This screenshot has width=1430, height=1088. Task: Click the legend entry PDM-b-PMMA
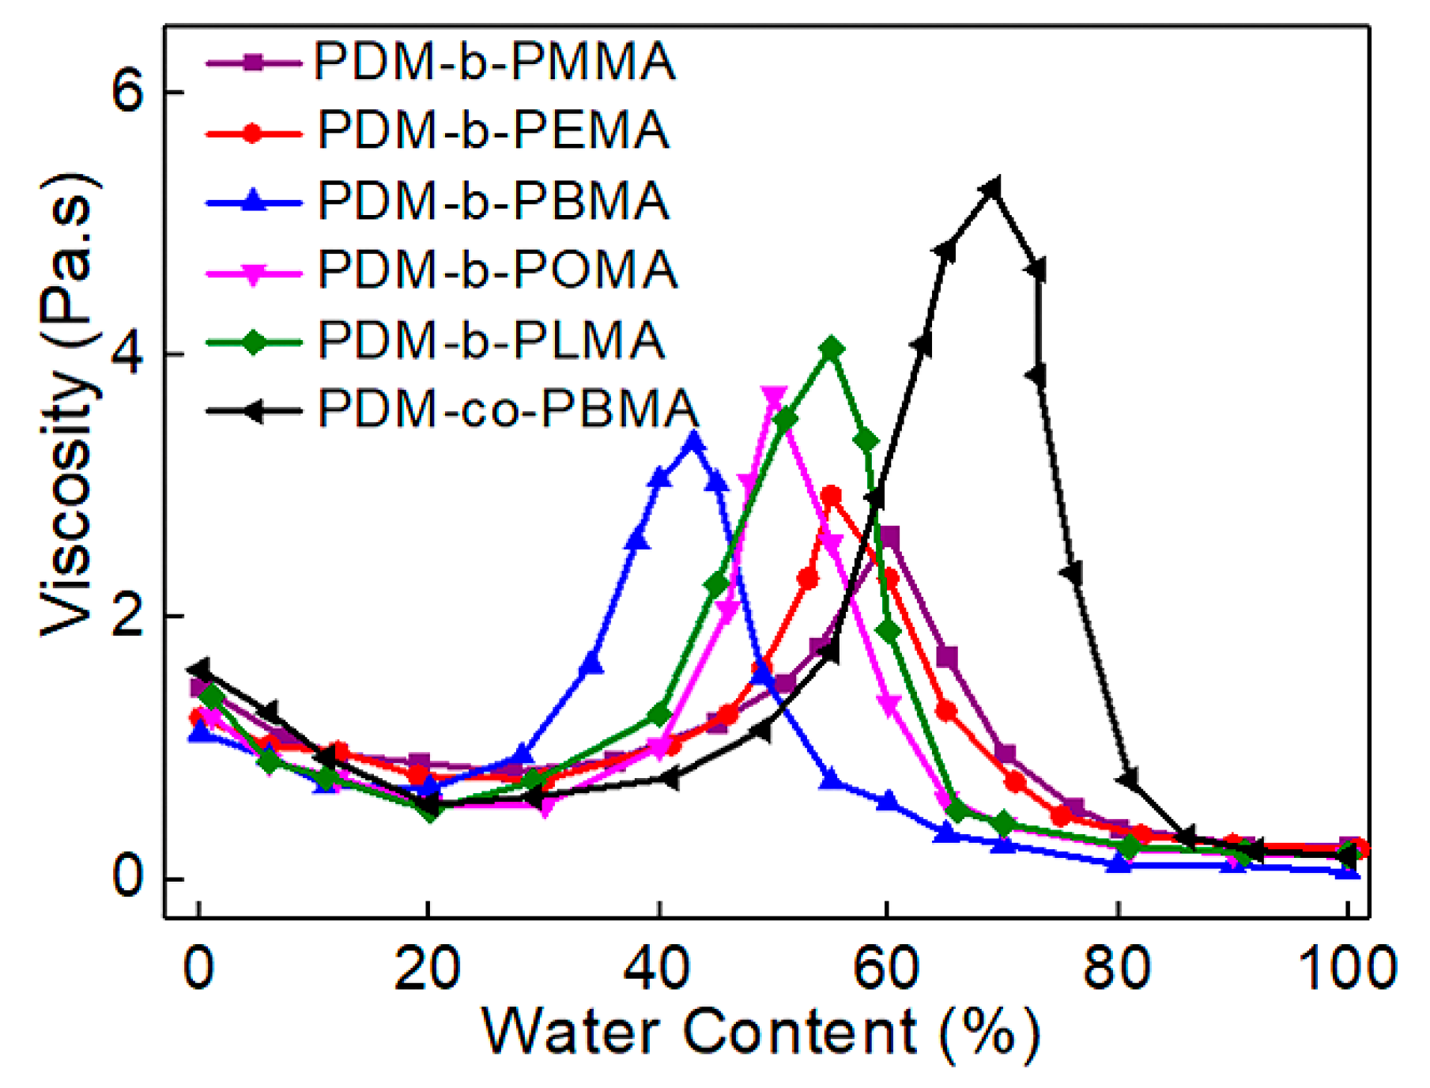point(494,62)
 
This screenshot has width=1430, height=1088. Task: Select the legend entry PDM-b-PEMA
point(493,130)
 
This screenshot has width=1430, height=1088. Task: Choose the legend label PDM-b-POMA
point(497,270)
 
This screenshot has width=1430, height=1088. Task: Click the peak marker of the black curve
point(992,189)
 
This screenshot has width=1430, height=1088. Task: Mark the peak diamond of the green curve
point(831,349)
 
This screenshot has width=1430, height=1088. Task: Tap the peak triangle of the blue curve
point(694,440)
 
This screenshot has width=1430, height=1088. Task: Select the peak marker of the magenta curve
point(774,396)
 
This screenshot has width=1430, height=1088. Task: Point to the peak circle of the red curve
point(831,496)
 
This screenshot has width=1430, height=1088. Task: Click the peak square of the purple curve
point(889,537)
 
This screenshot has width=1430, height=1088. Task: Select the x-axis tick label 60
point(886,968)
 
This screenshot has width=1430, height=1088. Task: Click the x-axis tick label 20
point(427,968)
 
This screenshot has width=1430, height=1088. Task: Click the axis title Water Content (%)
point(760,1032)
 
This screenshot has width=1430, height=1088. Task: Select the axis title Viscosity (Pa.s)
point(70,403)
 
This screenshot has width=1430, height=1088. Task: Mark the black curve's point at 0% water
point(200,668)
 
